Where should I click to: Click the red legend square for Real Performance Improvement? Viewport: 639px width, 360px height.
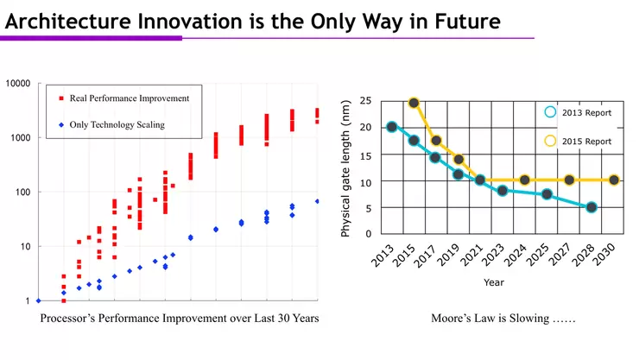point(60,98)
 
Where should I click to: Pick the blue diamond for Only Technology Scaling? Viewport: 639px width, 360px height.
point(60,125)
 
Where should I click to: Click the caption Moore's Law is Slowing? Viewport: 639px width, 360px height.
point(503,319)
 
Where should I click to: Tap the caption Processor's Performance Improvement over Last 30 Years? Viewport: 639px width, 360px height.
point(180,319)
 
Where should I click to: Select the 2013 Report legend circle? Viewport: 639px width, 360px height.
point(551,111)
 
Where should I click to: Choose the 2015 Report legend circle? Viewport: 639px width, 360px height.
point(551,141)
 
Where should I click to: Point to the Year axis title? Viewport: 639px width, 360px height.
point(494,281)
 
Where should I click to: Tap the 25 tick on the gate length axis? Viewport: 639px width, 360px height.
point(366,101)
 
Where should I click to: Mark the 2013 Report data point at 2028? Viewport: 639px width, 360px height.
point(592,207)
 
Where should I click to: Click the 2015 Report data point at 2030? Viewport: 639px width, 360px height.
point(614,180)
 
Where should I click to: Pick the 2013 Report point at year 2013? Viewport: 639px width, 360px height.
point(392,127)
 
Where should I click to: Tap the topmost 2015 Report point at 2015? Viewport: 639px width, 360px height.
point(414,103)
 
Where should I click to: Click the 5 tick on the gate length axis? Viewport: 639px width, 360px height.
point(369,207)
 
